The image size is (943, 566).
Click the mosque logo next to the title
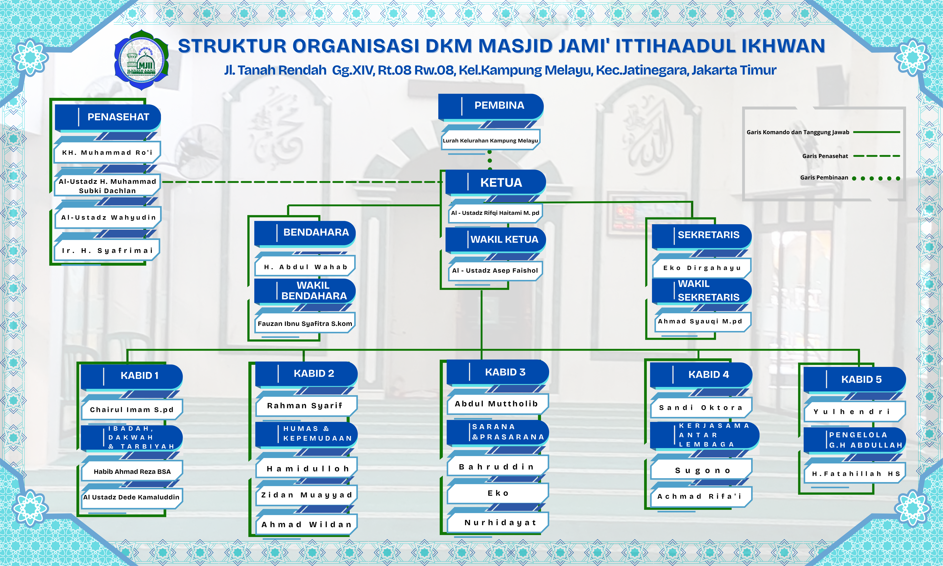point(141,60)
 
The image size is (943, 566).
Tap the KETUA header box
point(496,182)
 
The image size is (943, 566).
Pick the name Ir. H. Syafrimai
point(107,251)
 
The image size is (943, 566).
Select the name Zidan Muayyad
point(306,495)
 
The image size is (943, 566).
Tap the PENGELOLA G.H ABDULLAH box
point(855,440)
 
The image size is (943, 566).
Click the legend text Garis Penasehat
point(825,156)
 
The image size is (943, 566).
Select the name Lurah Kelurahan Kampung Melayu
point(490,141)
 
